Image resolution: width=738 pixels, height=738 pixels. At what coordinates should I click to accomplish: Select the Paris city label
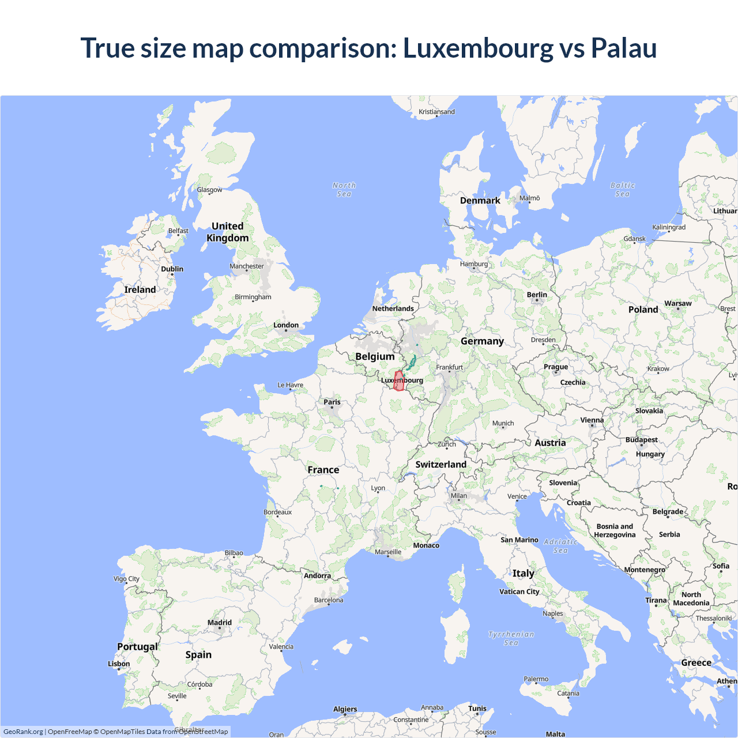332,402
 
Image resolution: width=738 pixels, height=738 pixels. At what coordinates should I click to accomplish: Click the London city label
286,325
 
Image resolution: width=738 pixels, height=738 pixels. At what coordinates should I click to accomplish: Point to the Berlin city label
537,295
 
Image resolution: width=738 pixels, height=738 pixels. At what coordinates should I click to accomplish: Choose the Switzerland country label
441,464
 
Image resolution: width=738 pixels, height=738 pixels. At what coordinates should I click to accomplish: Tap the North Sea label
344,190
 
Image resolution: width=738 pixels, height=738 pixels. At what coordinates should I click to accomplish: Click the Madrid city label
220,623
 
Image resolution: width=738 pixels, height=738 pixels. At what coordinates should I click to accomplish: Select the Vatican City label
519,592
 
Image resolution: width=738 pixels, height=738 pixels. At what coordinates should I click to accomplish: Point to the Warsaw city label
678,303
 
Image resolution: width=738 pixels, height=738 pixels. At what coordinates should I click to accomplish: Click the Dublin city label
172,269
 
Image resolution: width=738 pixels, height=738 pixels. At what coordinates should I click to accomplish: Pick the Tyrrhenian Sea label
511,638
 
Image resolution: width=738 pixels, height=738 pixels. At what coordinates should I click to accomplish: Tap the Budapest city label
642,440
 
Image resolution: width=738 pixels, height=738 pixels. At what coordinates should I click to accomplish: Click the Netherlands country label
393,308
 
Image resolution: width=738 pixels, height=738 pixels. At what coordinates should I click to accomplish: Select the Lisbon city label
119,664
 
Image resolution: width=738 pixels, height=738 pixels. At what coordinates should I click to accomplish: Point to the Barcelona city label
329,600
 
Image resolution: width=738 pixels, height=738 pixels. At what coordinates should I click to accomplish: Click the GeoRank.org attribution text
23,732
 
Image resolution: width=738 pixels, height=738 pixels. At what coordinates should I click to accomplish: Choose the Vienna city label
592,420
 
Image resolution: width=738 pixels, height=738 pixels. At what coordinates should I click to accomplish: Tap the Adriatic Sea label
560,546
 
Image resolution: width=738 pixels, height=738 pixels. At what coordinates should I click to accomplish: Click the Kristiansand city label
436,112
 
